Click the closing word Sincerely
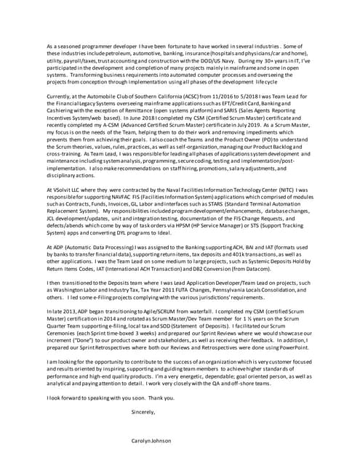click(x=143, y=412)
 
